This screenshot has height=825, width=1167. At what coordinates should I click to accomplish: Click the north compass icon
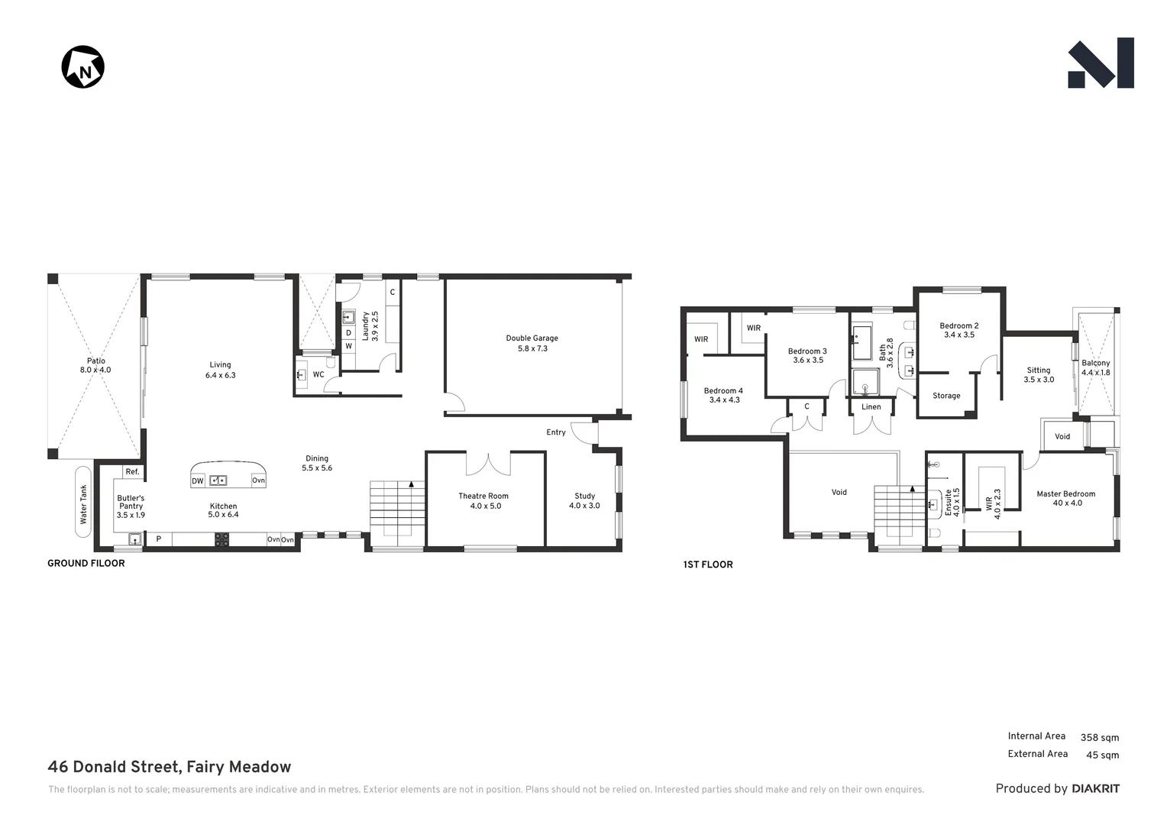point(82,67)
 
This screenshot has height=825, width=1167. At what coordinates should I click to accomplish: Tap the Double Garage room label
point(532,343)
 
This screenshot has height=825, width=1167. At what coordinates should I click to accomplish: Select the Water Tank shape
point(83,503)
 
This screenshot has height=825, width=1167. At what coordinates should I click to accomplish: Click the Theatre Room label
point(483,500)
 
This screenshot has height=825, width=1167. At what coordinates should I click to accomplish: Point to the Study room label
point(584,500)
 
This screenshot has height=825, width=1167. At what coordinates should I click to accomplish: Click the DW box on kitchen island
point(198,480)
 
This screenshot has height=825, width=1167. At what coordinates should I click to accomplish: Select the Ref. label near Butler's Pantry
point(132,472)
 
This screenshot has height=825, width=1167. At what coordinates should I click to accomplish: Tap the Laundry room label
point(370,325)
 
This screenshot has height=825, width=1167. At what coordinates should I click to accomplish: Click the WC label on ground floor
point(318,374)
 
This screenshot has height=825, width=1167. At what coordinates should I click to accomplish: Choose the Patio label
point(95,365)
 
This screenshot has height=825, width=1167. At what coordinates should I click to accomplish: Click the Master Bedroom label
point(1065,498)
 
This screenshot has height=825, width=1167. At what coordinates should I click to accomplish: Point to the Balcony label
point(1095,367)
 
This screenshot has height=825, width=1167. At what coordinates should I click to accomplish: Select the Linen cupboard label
point(871,407)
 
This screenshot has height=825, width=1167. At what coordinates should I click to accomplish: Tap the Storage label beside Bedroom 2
point(946,396)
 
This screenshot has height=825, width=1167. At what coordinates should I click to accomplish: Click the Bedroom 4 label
point(723,395)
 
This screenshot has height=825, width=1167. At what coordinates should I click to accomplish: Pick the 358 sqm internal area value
point(1099,737)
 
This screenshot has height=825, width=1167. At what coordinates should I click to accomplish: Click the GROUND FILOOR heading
point(86,563)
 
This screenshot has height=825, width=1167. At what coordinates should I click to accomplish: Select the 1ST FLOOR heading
point(707,565)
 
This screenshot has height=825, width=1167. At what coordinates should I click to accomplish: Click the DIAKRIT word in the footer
point(1095,788)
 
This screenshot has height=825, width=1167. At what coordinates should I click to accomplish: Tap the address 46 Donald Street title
point(169,767)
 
